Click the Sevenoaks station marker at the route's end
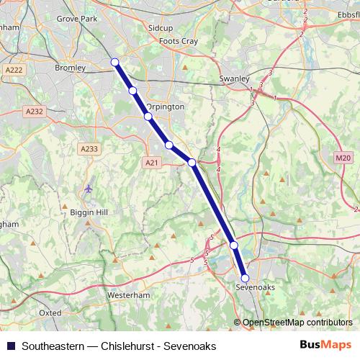(x=245, y=278)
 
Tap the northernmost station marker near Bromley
(x=114, y=62)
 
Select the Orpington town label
(x=166, y=107)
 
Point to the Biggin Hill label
(x=89, y=213)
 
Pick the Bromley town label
(x=70, y=68)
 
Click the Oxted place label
(x=50, y=313)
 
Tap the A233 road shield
(x=89, y=148)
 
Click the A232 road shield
(x=34, y=112)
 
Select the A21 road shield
(x=151, y=163)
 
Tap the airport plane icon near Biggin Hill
(x=89, y=189)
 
